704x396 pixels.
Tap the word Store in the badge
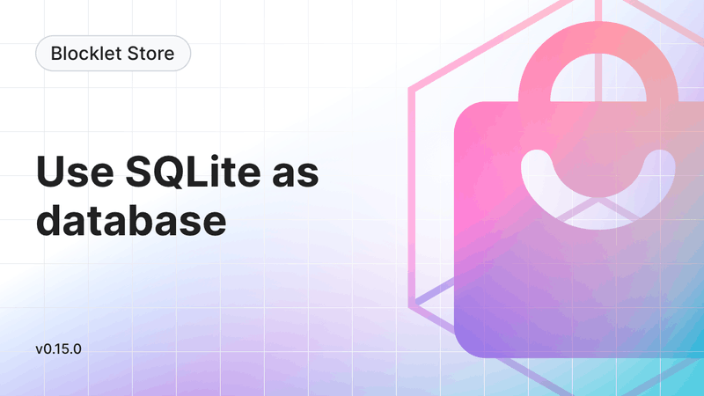click(149, 54)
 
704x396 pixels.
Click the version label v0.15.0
click(59, 348)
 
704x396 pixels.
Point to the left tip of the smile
click(532, 162)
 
